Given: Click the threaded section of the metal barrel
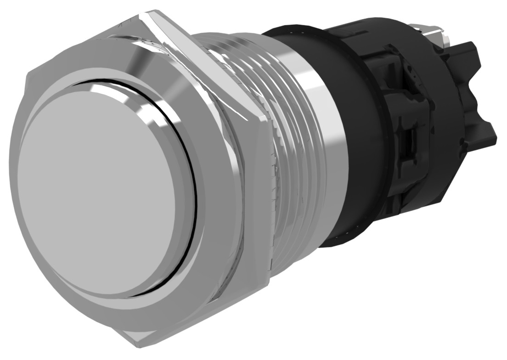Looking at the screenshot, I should click(x=294, y=138).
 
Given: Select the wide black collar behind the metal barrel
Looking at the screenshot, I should click(x=363, y=138).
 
